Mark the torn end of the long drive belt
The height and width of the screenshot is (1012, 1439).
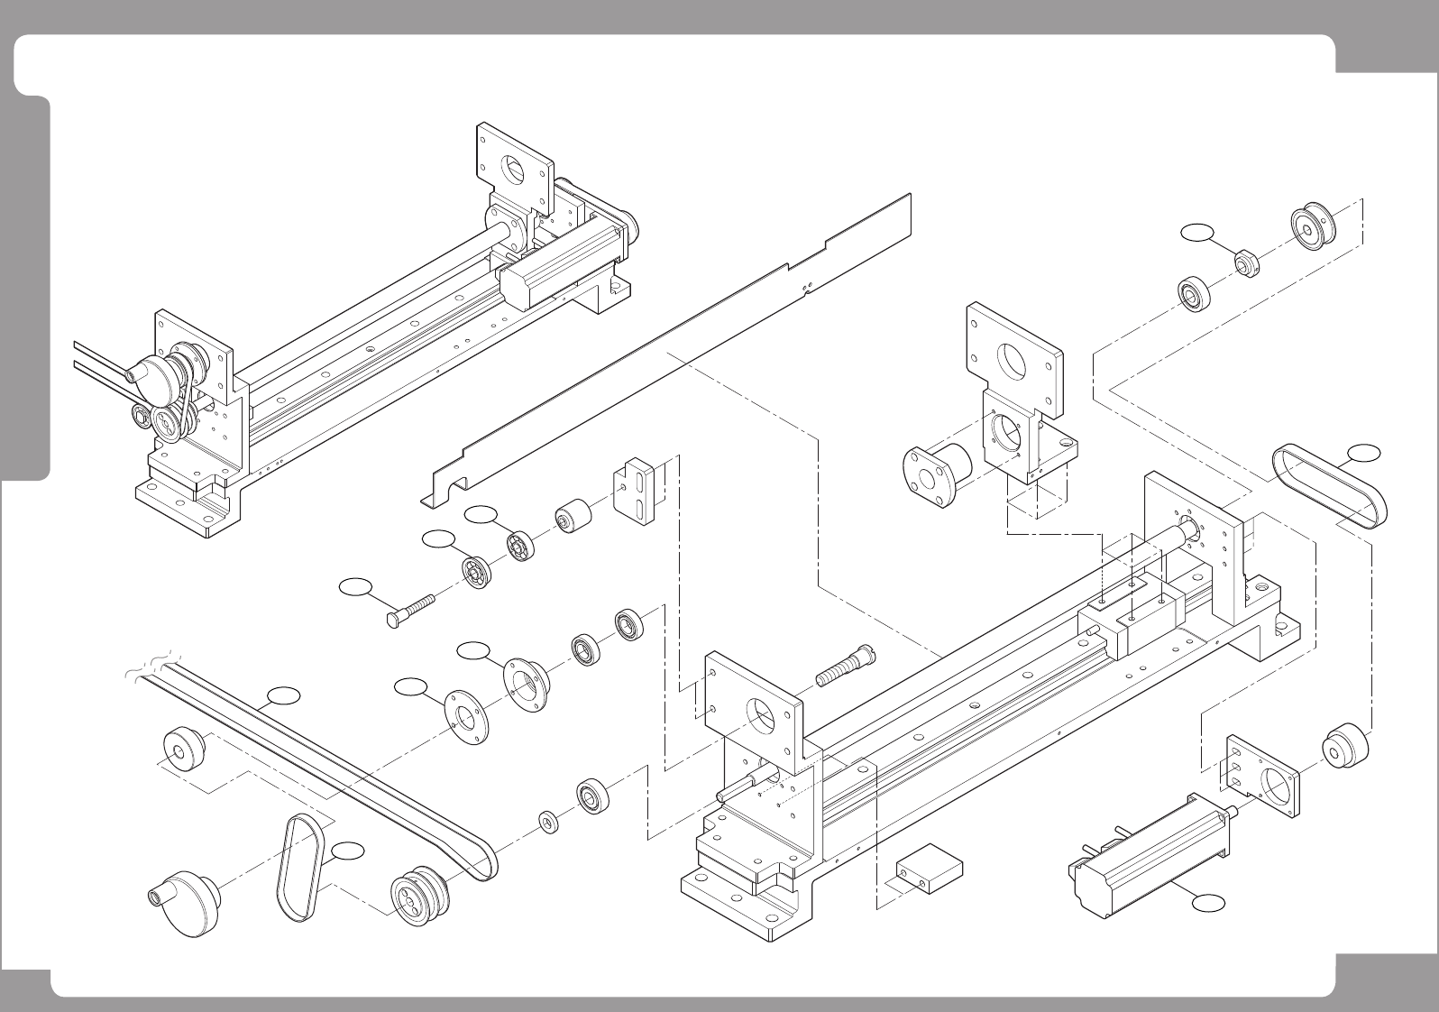pos(151,666)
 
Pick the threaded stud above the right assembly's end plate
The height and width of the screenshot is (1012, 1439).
pos(843,666)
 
